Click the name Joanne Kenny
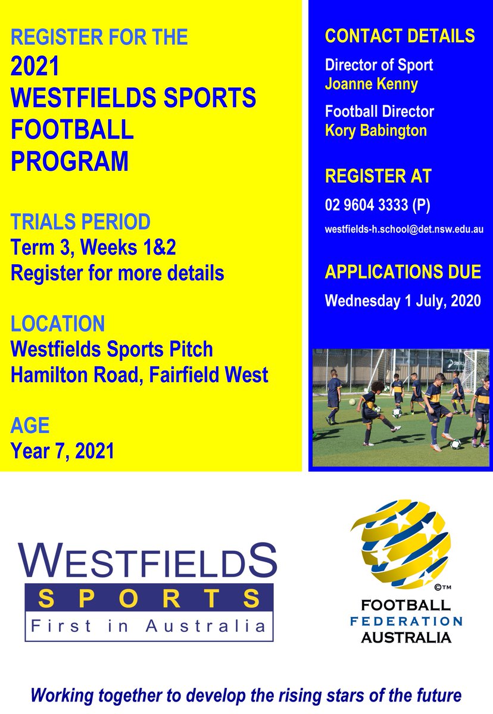(x=372, y=84)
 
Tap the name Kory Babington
(x=376, y=130)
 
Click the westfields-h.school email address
(x=404, y=229)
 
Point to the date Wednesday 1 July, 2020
(x=402, y=300)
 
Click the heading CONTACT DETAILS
(x=400, y=36)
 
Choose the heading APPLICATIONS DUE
(x=402, y=272)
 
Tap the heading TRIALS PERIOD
(x=80, y=223)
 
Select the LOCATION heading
(x=58, y=324)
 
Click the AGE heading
(x=30, y=426)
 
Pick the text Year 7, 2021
(x=63, y=451)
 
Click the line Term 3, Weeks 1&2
(x=93, y=248)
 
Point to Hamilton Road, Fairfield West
(x=139, y=375)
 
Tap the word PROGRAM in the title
(x=70, y=161)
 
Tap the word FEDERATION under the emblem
(x=405, y=622)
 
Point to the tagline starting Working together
(x=246, y=695)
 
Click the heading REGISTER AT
(x=378, y=176)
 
